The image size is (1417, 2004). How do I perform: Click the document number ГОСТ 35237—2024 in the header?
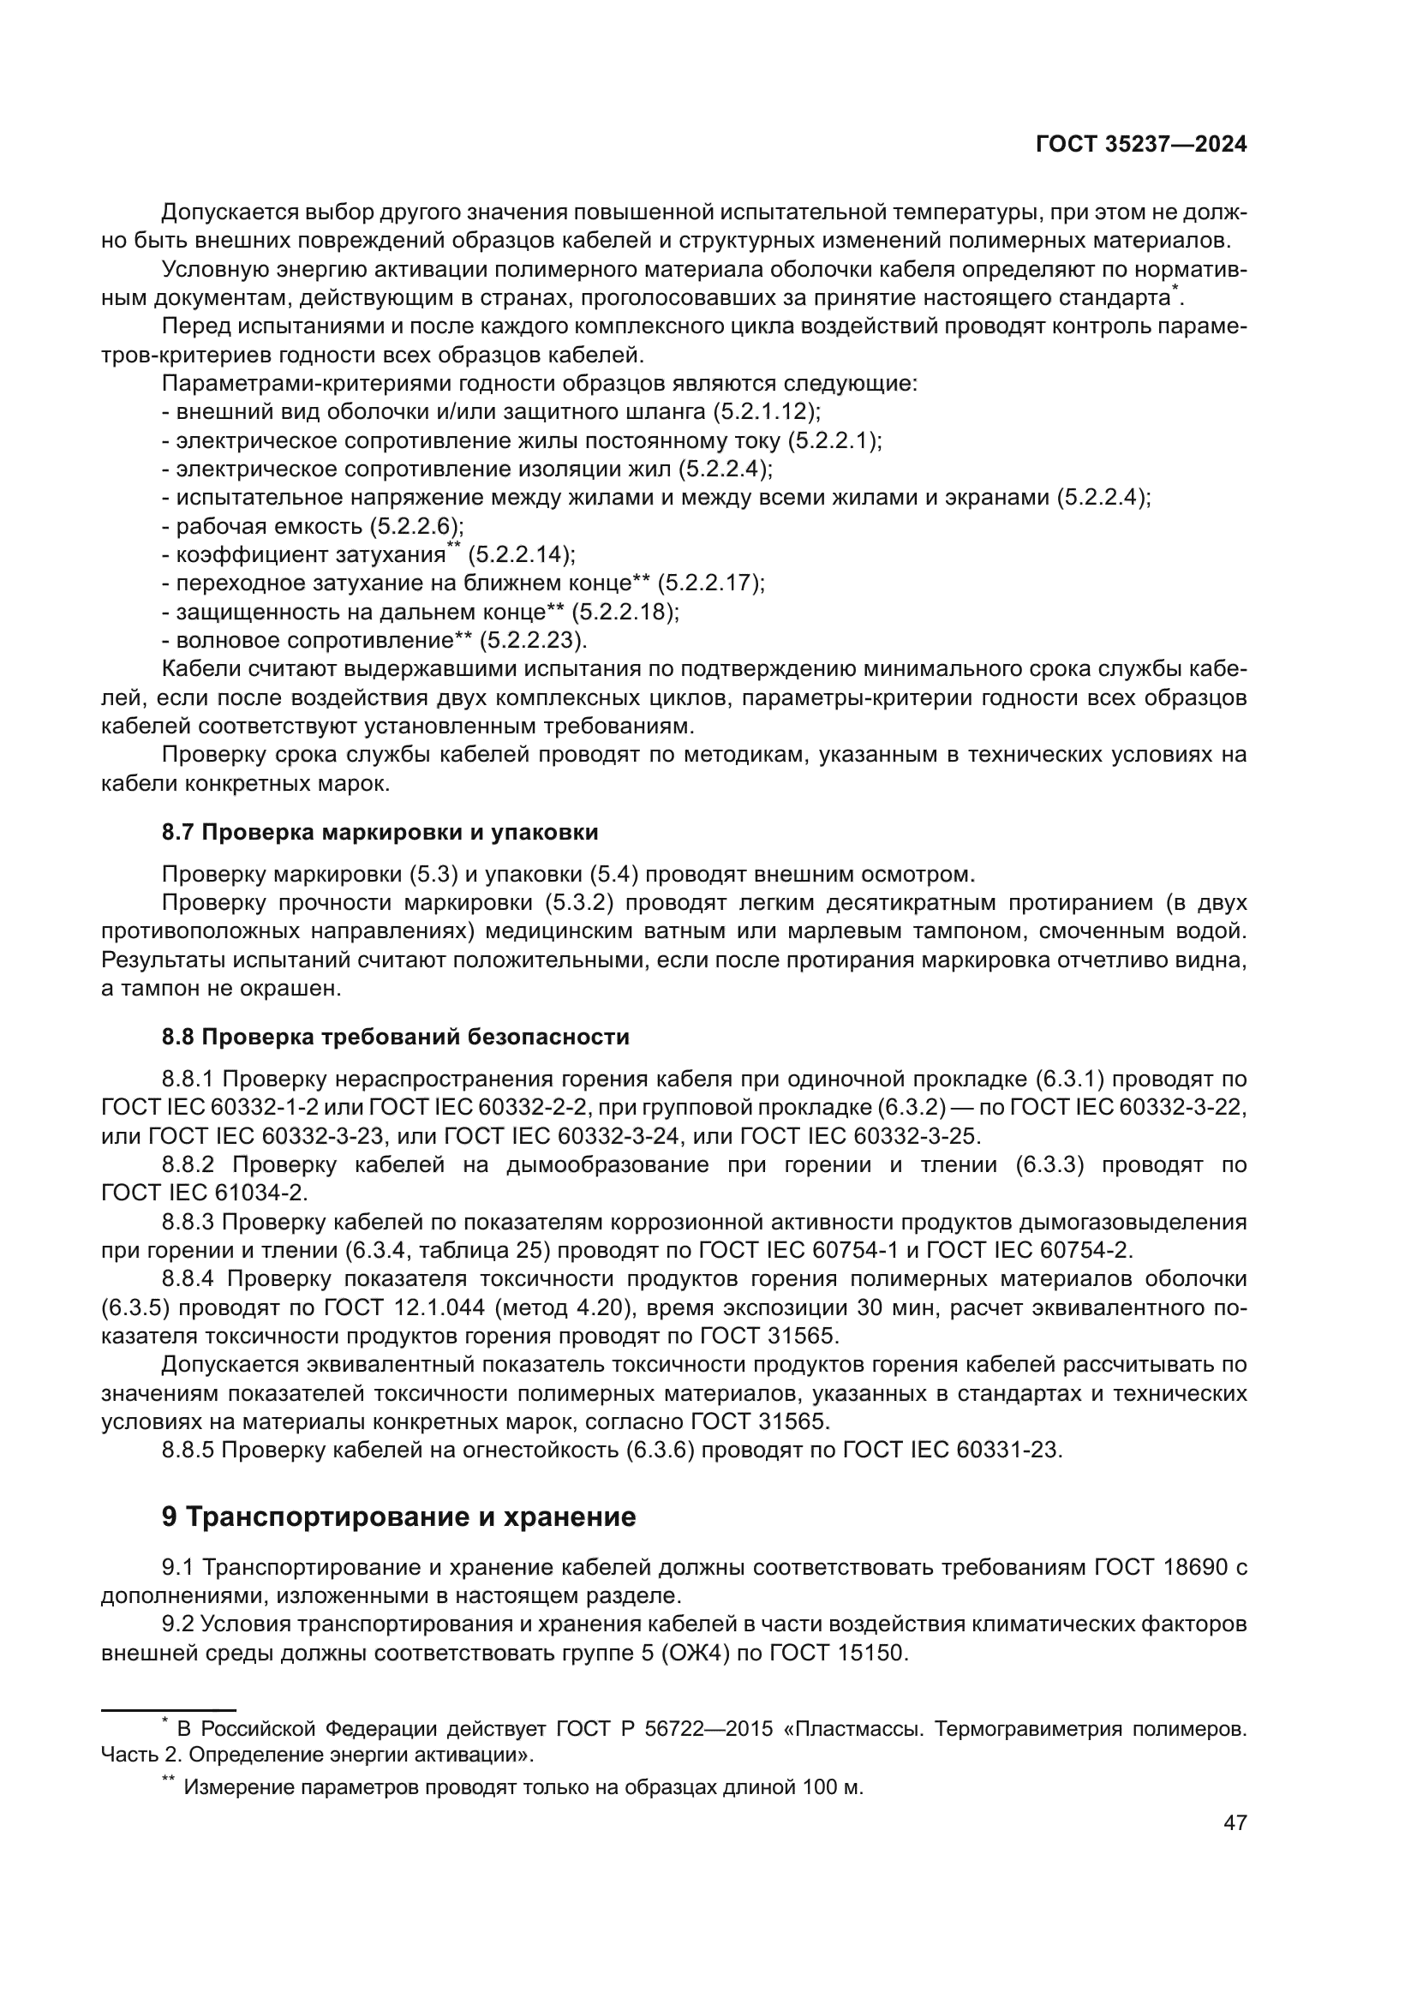(x=1140, y=145)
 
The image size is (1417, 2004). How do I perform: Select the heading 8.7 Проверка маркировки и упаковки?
(x=380, y=832)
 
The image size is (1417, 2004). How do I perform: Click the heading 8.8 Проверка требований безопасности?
(x=395, y=1037)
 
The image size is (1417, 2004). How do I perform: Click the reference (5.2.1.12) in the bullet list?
(x=765, y=411)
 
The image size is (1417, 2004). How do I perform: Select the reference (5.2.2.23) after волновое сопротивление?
(x=532, y=641)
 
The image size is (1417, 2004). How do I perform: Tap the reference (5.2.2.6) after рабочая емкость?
(x=416, y=526)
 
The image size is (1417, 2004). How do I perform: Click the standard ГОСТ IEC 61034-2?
(x=204, y=1193)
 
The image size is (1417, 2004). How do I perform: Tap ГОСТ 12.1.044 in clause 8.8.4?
(x=405, y=1307)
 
